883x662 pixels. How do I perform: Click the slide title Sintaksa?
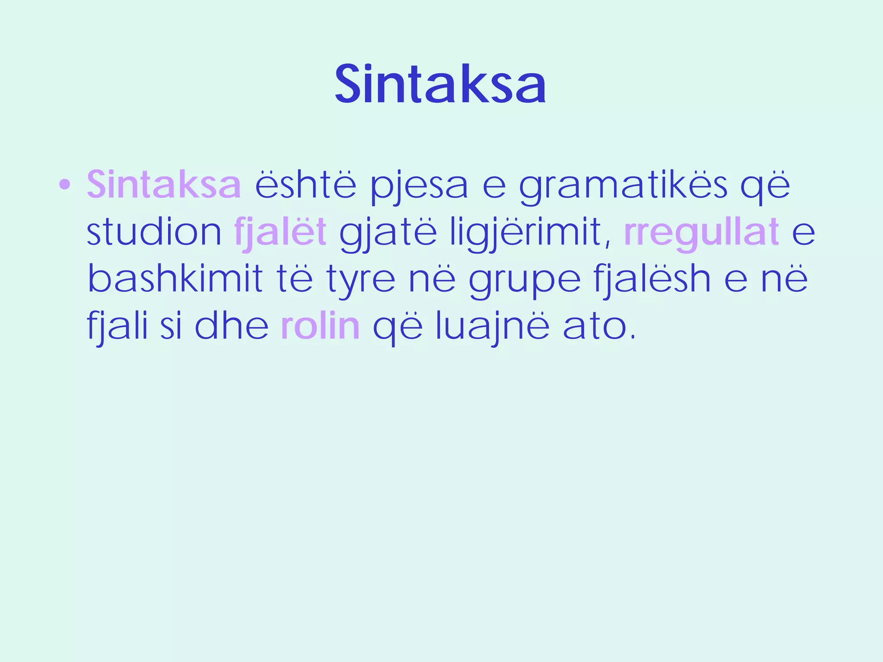(441, 85)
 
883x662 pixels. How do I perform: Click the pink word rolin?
(320, 326)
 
